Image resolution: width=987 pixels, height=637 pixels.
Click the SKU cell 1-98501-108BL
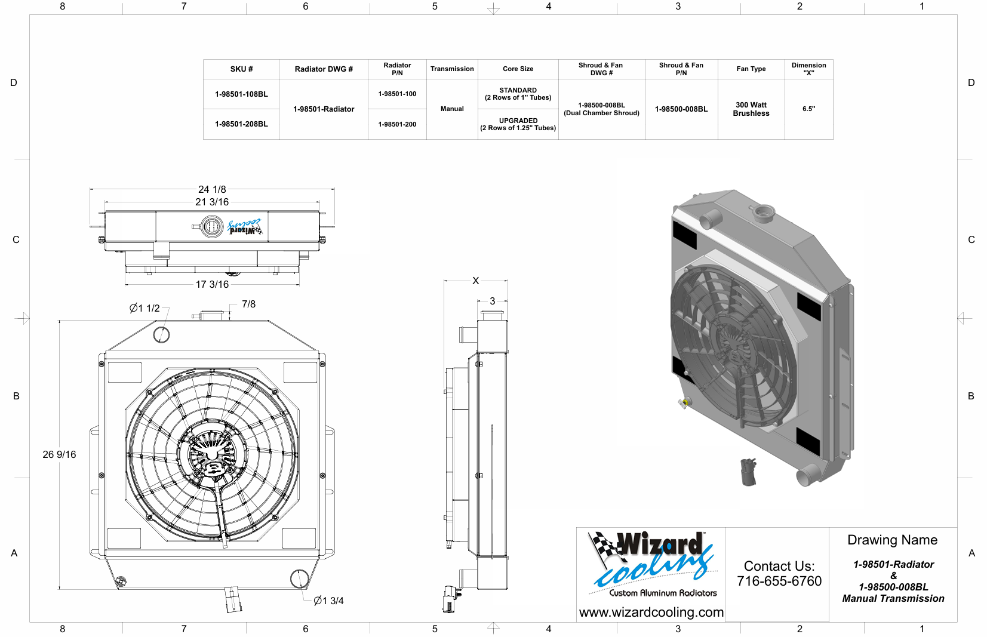tap(241, 94)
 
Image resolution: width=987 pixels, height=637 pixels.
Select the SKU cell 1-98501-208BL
tap(241, 124)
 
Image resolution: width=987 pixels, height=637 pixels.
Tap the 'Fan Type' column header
tap(751, 69)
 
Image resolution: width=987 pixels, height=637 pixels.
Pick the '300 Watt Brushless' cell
tap(751, 109)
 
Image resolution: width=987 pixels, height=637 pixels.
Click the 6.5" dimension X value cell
tap(808, 109)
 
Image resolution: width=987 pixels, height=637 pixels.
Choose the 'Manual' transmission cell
tap(451, 109)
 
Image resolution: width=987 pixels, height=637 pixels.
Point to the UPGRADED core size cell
tap(518, 124)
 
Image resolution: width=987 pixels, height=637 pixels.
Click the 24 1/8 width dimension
tap(212, 189)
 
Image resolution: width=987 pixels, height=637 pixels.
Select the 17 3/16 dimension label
tap(212, 285)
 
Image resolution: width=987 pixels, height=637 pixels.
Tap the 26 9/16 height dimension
tap(59, 454)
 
